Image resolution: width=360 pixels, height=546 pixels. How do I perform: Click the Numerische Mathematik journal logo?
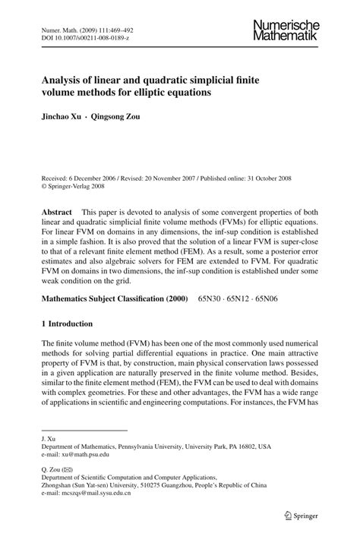286,30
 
